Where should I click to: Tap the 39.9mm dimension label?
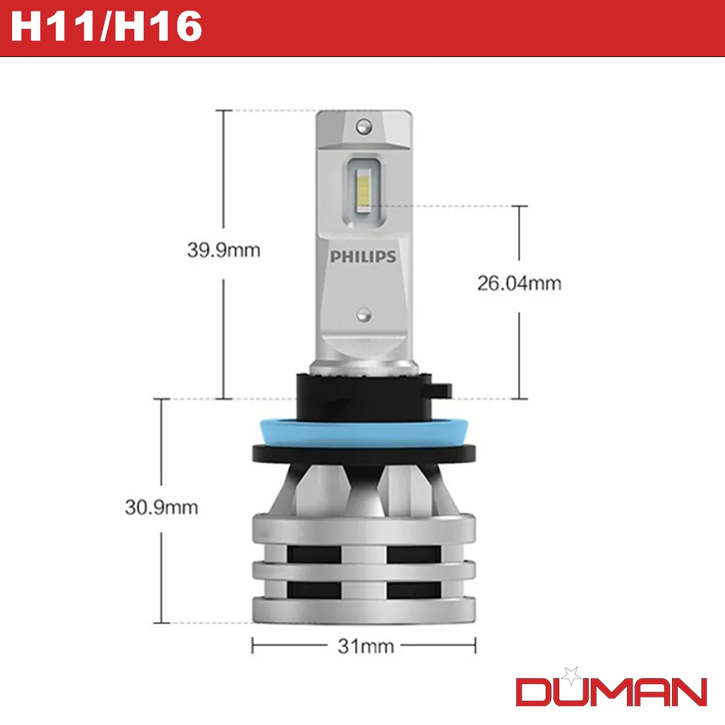tap(223, 251)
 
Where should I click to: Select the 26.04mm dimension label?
tap(519, 283)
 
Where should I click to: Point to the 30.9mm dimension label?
tap(161, 506)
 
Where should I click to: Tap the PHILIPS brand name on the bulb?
tap(362, 256)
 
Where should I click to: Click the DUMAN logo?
tap(611, 691)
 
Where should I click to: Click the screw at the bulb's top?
tap(363, 124)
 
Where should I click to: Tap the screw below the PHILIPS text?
tap(363, 313)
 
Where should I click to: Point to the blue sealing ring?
tap(362, 429)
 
